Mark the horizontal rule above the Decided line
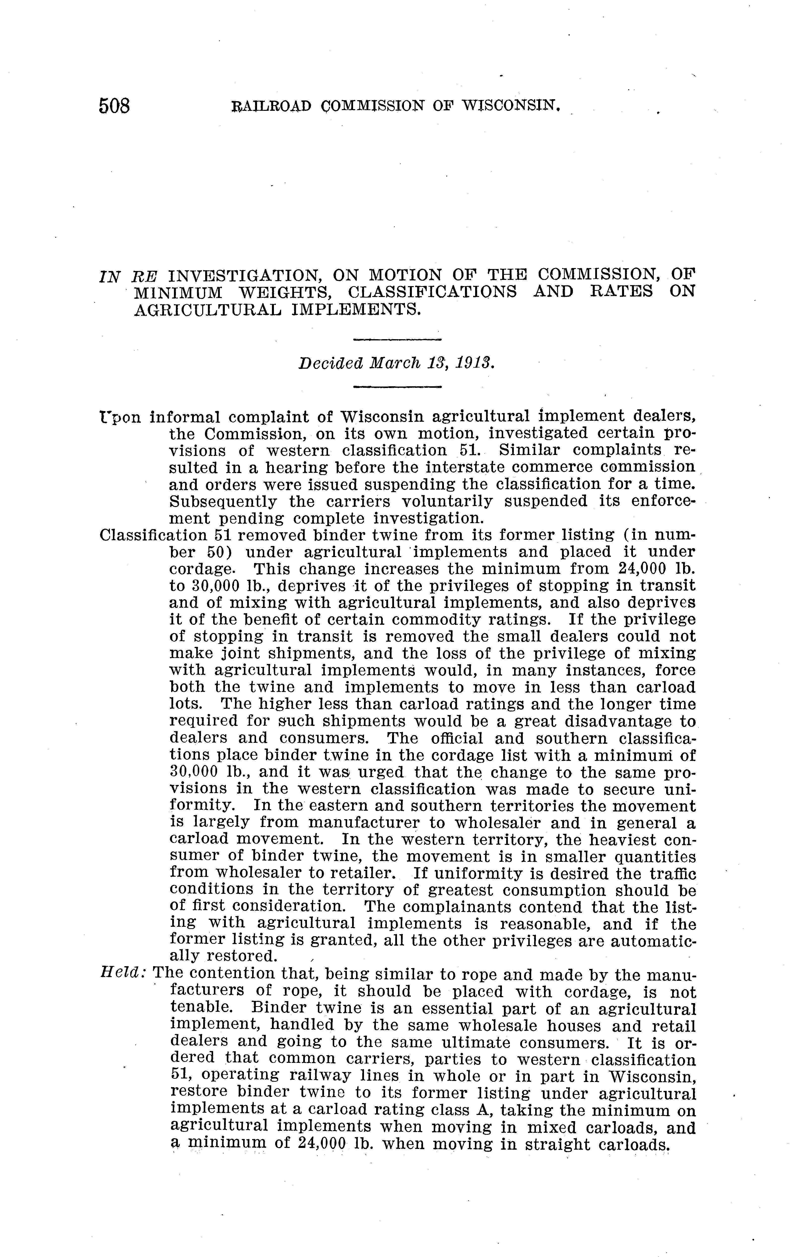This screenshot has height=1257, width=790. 397,340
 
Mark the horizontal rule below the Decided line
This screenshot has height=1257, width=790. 397,387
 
